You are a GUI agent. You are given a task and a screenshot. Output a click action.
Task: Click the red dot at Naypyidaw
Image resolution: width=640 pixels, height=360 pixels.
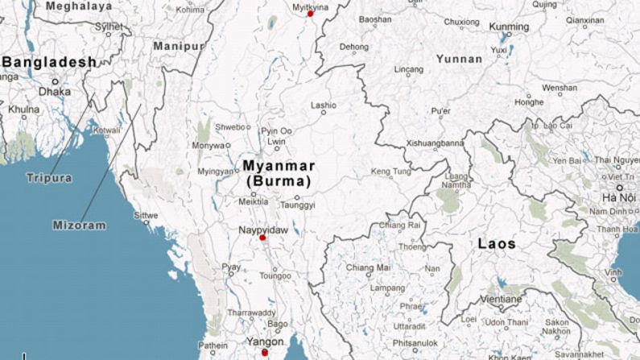(262, 238)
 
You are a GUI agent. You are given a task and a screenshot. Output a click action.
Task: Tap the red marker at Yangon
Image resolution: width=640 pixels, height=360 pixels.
(265, 352)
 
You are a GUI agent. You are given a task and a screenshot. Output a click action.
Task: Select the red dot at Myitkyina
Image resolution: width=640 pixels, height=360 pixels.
(310, 14)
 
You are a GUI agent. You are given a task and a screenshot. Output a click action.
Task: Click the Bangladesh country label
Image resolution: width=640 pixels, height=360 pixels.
(50, 62)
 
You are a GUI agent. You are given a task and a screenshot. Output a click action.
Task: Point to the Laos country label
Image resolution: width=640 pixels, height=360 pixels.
(497, 243)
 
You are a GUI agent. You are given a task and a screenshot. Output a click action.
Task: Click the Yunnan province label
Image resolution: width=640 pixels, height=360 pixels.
(459, 59)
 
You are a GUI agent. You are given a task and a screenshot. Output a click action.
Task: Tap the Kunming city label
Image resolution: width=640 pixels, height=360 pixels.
(510, 27)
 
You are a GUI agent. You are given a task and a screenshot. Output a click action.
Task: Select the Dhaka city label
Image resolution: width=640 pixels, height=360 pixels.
(55, 92)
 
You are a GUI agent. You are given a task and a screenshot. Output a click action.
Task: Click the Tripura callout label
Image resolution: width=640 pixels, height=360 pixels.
(48, 178)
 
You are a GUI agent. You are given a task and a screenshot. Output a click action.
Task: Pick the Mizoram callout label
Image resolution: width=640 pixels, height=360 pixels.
(79, 226)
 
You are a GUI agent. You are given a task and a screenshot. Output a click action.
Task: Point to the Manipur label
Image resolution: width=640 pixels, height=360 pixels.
(178, 47)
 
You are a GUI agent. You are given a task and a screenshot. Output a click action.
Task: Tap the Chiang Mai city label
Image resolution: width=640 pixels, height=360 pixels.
(368, 267)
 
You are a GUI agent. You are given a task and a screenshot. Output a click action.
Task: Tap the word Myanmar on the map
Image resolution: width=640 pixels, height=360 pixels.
(278, 167)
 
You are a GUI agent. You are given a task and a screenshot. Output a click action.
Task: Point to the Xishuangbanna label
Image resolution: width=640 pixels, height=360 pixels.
(436, 143)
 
